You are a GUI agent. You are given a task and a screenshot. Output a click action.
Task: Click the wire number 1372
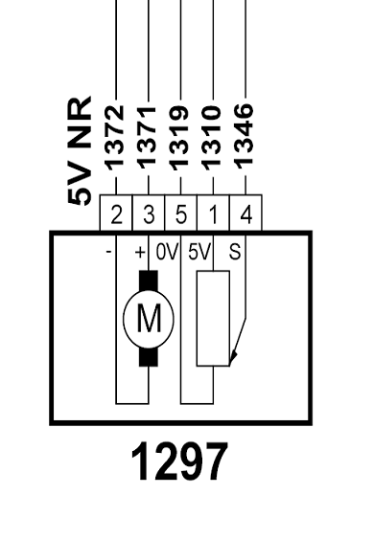pos(116,138)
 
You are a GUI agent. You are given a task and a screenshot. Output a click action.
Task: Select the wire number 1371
pos(149,138)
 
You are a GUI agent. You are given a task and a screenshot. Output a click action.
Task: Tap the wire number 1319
pos(180,138)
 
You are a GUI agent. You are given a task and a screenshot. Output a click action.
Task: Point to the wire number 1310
pos(213,138)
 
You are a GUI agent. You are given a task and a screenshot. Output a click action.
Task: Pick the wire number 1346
pos(245,136)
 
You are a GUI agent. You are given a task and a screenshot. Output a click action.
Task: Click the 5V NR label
pos(80,151)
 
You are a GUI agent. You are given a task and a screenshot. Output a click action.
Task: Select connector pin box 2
pos(116,213)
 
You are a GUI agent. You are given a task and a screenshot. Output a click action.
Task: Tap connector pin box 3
pos(149,213)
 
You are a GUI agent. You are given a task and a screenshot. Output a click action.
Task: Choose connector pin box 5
pos(180,213)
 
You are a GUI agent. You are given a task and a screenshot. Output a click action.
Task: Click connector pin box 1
pos(213,213)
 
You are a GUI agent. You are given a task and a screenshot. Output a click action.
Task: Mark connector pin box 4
pos(245,213)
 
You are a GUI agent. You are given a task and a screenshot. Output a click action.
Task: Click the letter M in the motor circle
pos(149,319)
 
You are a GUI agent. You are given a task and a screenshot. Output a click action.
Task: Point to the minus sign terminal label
pos(108,252)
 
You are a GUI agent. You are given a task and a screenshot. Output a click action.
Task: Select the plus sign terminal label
pos(140,253)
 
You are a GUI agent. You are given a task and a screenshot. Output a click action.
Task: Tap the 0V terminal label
pos(167,252)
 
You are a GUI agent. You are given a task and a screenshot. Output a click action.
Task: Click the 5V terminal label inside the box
pos(199,252)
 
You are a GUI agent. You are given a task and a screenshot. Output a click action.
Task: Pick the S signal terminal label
pos(235,252)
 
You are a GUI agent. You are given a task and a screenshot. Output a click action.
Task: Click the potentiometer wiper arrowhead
pos(233,356)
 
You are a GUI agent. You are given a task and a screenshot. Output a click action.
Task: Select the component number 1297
pos(179,461)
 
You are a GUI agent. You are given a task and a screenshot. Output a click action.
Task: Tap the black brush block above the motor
pos(149,281)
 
